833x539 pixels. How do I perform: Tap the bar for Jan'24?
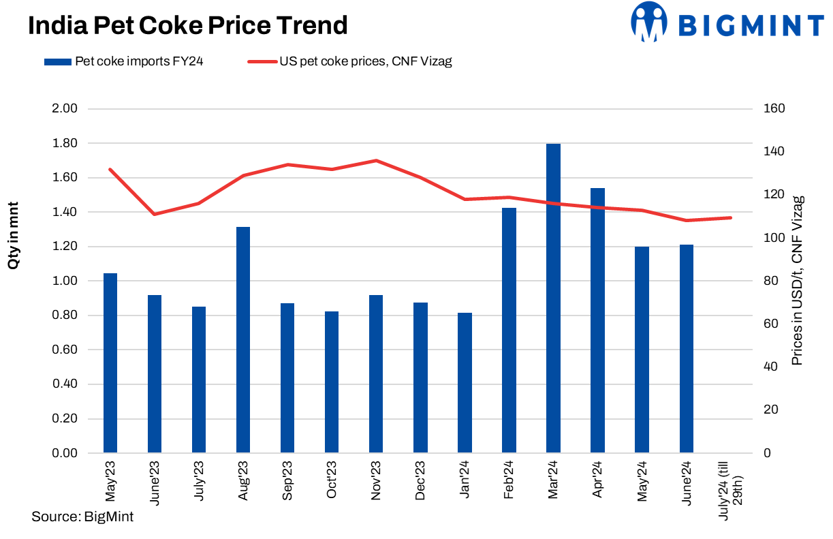click(x=465, y=382)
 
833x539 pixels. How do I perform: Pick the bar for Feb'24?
click(x=509, y=330)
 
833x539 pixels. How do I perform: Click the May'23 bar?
click(x=110, y=363)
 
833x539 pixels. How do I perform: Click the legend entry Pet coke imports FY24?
click(x=123, y=61)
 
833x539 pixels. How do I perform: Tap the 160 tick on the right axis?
click(x=776, y=108)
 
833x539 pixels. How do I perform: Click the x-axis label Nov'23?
click(x=376, y=481)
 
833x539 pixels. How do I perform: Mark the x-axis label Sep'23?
click(x=287, y=481)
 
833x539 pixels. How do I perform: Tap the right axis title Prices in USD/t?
click(x=798, y=280)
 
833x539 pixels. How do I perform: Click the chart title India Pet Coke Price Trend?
click(x=188, y=26)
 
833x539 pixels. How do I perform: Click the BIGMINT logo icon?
click(x=648, y=22)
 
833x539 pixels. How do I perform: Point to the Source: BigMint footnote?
click(x=82, y=517)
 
